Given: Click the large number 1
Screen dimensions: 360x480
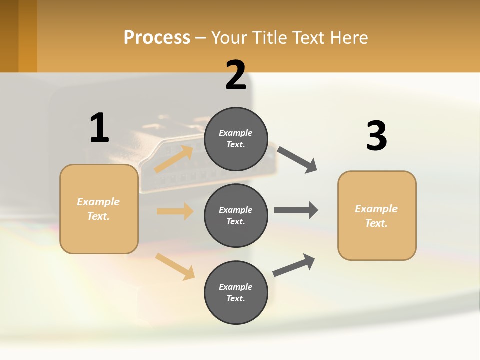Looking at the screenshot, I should point(99,128).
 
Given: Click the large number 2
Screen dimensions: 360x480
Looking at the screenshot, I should point(236,75).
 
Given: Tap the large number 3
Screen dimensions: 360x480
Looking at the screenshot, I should point(376,136).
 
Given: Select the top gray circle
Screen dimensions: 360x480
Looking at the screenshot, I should point(236,139).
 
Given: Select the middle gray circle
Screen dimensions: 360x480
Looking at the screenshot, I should point(236,215).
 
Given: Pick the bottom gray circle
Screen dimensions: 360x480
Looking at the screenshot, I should point(236,292).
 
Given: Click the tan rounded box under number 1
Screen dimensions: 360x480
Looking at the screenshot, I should point(99,209).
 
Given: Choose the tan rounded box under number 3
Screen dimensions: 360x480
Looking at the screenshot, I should point(377,215).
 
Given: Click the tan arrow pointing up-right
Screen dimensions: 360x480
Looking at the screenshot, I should point(174,159).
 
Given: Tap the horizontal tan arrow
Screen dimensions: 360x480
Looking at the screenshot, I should point(175,211).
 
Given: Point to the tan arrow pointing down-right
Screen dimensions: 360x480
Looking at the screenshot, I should point(175,266).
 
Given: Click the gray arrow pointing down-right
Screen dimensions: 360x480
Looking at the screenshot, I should point(297,160).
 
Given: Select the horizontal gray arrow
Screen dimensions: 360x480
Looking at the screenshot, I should point(296,210).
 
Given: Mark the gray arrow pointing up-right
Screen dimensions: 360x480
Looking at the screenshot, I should point(294,265).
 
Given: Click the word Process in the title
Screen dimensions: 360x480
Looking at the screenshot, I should point(157,37).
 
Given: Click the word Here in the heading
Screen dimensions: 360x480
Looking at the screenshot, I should point(348,37).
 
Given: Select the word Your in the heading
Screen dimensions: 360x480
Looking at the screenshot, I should point(229,37).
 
